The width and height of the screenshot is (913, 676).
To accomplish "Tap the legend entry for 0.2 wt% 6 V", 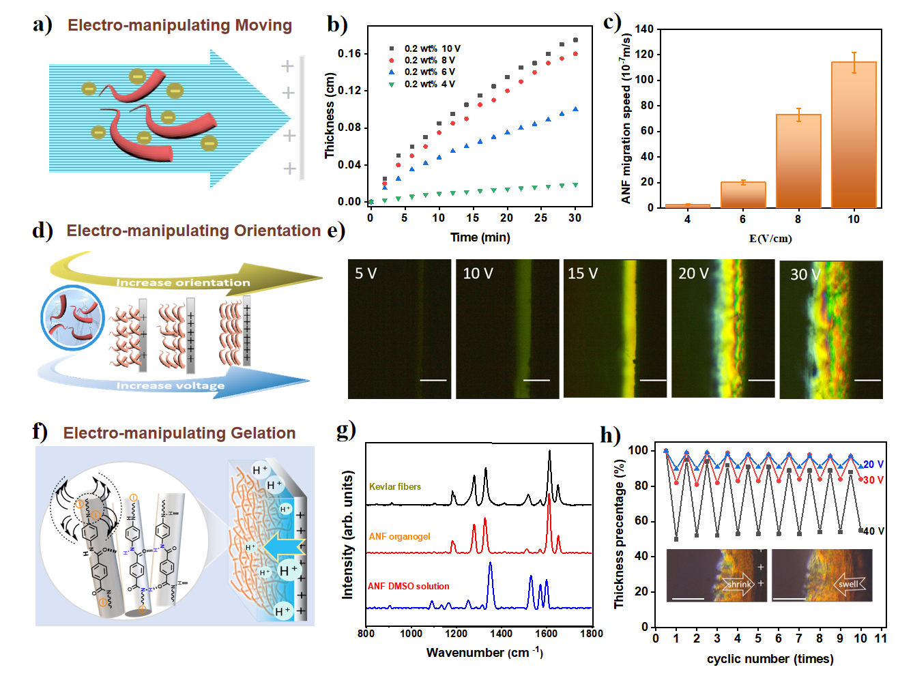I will click(x=429, y=72).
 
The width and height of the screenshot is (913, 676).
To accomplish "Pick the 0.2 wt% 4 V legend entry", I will click(x=429, y=84).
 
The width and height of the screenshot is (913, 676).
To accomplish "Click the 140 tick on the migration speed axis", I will click(x=644, y=29).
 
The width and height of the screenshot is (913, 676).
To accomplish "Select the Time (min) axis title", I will click(x=480, y=237).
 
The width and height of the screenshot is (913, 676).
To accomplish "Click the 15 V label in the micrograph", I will click(x=583, y=274).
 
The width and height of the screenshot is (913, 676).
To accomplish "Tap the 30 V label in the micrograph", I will click(x=805, y=275).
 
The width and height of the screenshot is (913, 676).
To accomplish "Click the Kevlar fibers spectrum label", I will click(x=395, y=486).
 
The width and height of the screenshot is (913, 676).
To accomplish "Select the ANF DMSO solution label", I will click(x=409, y=586).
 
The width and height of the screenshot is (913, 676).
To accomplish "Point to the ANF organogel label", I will click(x=400, y=536).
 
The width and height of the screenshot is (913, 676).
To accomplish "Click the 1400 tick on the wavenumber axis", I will click(x=501, y=634).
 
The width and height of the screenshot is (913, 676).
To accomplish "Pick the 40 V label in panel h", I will click(x=873, y=531).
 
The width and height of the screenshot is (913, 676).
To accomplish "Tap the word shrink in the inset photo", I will click(x=739, y=584).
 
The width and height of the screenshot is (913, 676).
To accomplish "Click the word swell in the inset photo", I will click(x=849, y=584).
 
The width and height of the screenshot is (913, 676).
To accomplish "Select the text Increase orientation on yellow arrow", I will click(x=183, y=282).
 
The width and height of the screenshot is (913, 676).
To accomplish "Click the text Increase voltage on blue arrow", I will click(x=171, y=385).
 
